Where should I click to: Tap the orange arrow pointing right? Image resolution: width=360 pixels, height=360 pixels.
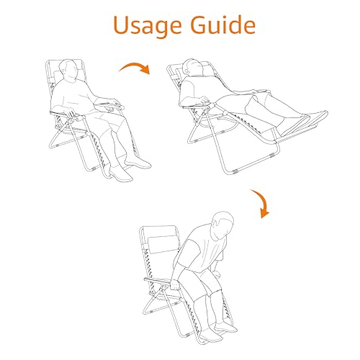135,67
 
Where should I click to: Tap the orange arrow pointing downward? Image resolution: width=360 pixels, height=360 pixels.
262,203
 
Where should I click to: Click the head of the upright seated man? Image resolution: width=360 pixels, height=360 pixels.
70,69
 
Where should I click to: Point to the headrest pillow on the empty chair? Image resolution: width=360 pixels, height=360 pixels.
163,244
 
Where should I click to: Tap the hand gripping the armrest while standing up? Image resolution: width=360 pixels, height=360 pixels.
176,285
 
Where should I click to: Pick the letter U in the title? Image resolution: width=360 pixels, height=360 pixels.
123,25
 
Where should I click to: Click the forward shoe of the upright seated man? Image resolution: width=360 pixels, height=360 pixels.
121,174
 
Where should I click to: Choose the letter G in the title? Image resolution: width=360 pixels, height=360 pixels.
200,25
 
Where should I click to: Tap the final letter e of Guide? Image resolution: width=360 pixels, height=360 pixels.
248,27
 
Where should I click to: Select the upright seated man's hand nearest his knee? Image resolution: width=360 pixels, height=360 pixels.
71,113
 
